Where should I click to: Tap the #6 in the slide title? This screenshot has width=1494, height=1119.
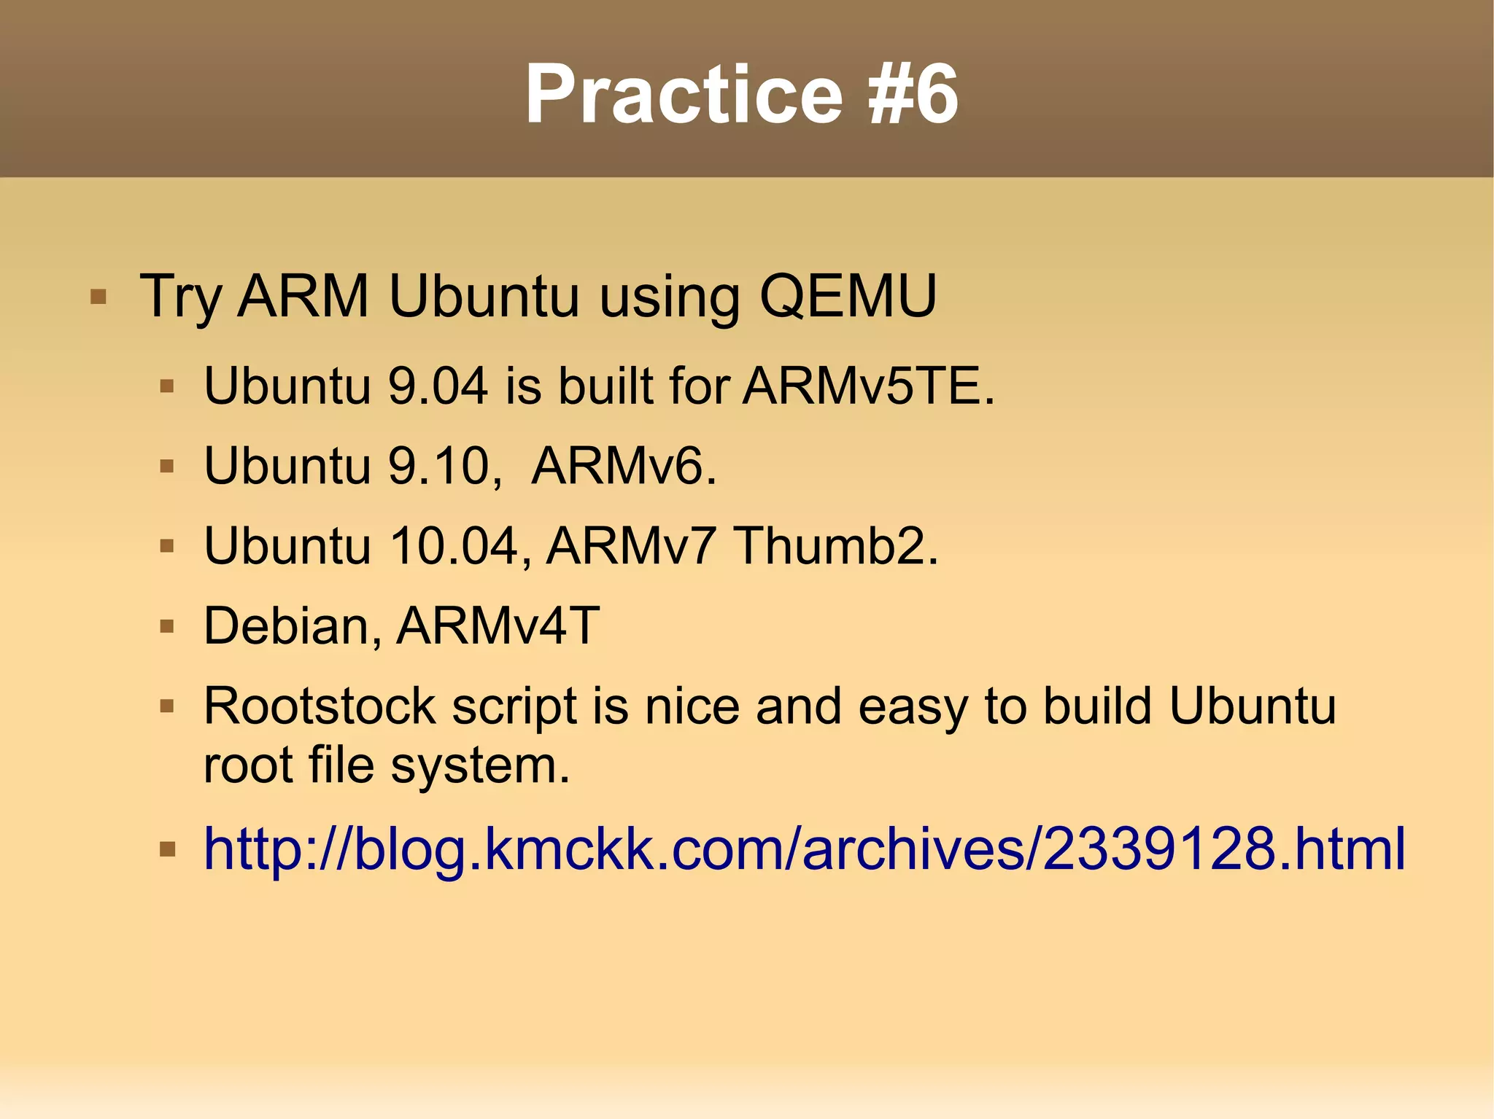coord(913,95)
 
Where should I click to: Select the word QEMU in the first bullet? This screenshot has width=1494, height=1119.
coord(848,296)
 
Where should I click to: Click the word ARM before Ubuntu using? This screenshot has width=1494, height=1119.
coord(303,296)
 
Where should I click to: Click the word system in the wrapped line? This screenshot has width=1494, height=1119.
coord(480,765)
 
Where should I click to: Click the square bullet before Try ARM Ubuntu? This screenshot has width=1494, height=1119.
coord(98,297)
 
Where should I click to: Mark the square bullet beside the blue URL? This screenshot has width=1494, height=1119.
coord(167,849)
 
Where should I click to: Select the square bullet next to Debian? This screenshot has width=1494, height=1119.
coord(167,626)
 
